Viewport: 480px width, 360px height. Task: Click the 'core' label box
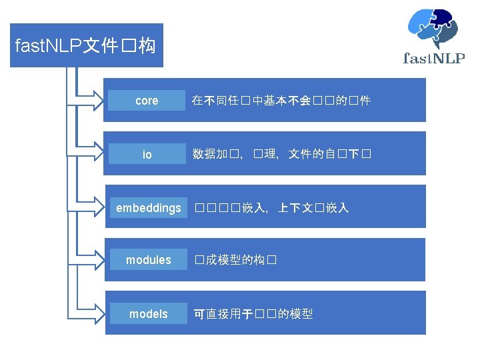(x=147, y=101)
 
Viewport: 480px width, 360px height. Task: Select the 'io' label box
(x=147, y=154)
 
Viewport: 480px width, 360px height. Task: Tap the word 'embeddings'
(x=149, y=208)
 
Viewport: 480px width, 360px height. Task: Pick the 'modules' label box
(x=149, y=260)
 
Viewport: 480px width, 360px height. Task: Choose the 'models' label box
(x=149, y=313)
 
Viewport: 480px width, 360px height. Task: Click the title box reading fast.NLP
(x=86, y=45)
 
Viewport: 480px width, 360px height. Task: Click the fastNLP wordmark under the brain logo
(x=434, y=58)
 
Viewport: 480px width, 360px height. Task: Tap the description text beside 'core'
(x=281, y=101)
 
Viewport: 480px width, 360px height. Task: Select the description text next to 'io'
(x=281, y=155)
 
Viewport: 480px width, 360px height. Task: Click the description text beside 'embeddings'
(x=271, y=208)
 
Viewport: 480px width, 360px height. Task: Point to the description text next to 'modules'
(x=235, y=260)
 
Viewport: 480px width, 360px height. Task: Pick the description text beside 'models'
(x=253, y=313)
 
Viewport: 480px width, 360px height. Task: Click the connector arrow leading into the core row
(x=90, y=101)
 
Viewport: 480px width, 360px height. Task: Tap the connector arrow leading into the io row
(x=90, y=154)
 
